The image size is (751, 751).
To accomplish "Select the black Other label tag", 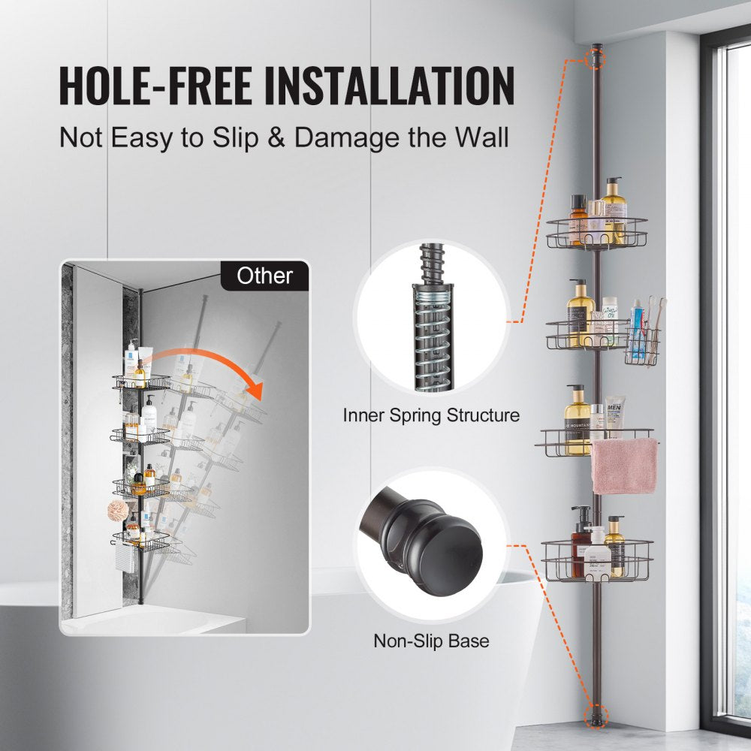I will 264,276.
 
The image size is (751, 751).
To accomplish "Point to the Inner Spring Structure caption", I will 431,415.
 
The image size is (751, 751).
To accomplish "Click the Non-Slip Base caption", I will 431,641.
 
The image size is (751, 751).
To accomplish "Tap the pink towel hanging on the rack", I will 623,466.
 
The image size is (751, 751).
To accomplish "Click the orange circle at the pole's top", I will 596,57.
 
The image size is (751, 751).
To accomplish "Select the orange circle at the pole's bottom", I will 598,713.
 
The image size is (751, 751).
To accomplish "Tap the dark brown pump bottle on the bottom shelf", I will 581,537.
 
